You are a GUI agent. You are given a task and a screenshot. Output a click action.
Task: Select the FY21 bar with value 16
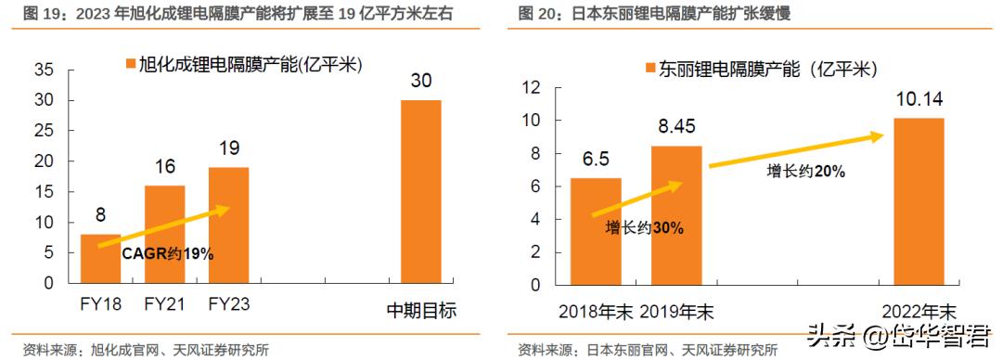(164, 236)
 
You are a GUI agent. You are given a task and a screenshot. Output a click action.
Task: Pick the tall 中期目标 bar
(420, 192)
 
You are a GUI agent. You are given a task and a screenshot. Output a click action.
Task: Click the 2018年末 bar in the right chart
(595, 230)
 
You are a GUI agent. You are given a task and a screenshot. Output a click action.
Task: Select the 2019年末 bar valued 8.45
(674, 214)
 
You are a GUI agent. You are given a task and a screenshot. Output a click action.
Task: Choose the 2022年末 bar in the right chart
(918, 200)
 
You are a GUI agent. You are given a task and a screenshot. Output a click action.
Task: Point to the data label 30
(420, 81)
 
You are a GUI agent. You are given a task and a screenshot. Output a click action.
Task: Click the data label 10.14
(918, 98)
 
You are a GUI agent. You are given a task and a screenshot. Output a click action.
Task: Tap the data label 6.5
(595, 159)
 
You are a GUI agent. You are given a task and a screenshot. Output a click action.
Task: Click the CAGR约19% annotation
(168, 253)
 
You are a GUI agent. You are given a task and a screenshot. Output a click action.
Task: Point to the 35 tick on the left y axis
(43, 70)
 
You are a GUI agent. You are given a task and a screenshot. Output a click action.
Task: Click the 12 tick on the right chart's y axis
(533, 87)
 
